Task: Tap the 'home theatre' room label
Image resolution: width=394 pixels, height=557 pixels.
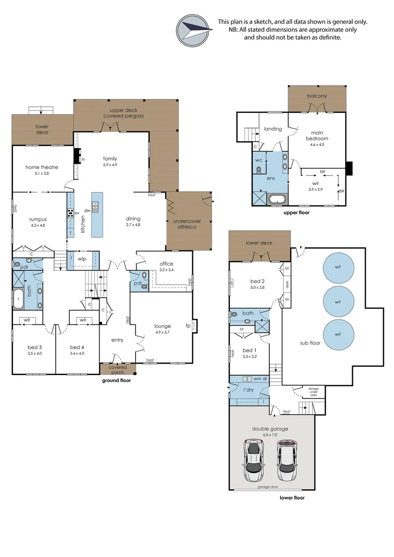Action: click(42, 167)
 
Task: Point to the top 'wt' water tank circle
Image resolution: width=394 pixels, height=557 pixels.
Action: click(338, 267)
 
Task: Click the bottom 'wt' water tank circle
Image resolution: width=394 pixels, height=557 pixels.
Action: click(338, 334)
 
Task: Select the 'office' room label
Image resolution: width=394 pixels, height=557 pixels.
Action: click(166, 264)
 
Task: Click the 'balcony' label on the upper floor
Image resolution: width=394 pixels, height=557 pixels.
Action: click(317, 96)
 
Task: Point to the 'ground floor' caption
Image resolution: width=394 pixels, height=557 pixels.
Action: click(116, 380)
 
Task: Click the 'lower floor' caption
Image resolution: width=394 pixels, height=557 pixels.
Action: click(292, 498)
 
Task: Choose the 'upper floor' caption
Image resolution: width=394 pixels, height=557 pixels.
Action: click(296, 212)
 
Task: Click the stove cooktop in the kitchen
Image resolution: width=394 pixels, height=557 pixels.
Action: click(70, 212)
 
